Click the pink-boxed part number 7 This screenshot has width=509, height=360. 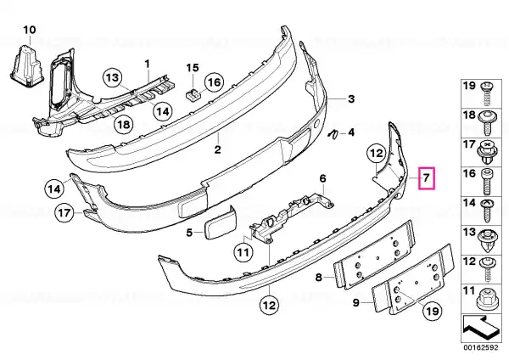pos(427,177)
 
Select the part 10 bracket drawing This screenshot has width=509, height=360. pos(26,65)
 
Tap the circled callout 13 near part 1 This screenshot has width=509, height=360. pos(112,77)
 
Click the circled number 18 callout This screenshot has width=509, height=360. pos(125,124)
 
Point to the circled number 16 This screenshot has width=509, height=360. pos(214,82)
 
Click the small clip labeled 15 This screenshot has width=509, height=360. pos(193,96)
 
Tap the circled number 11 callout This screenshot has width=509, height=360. pos(243,252)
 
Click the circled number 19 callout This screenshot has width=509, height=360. pos(433,312)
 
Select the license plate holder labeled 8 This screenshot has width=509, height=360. pos(375,254)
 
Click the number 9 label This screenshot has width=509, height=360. pos(355,303)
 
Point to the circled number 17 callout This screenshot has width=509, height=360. pos(64,213)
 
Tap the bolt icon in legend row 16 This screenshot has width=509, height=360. pos(486,181)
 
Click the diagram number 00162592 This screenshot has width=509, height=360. pos(480,347)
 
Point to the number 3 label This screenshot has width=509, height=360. pos(351,98)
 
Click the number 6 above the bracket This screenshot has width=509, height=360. pos(322,178)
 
